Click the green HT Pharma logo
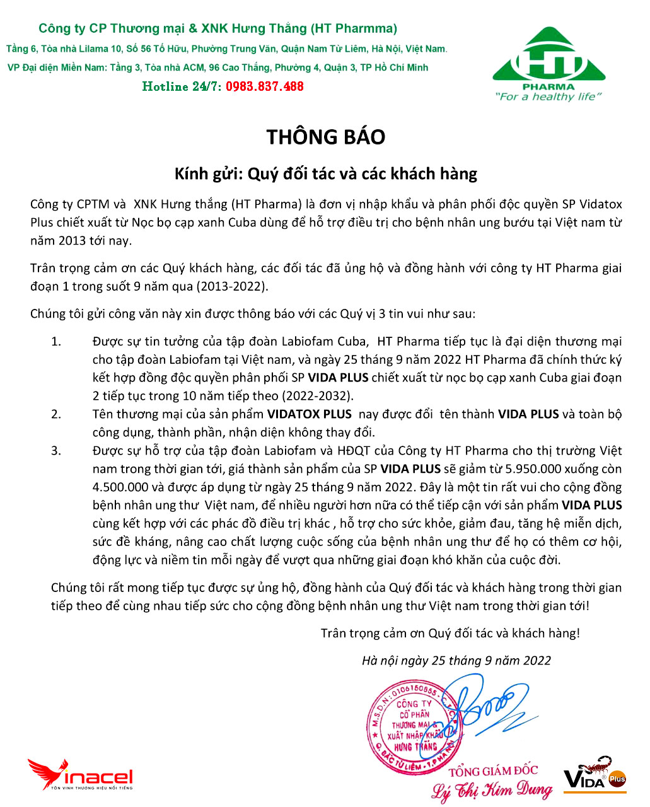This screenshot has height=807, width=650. click(548, 60)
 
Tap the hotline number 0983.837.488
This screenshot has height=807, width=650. click(265, 86)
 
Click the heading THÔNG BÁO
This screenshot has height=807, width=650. click(325, 137)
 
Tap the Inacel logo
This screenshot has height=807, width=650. click(81, 775)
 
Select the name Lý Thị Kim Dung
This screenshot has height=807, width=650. click(492, 790)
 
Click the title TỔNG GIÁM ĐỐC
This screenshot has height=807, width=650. click(493, 770)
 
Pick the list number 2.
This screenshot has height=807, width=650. click(57, 414)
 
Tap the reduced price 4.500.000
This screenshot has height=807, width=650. click(120, 487)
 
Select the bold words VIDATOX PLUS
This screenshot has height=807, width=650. click(309, 414)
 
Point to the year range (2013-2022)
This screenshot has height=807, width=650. click(231, 286)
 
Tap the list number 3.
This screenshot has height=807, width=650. click(57, 451)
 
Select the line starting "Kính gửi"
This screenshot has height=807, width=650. click(325, 173)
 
